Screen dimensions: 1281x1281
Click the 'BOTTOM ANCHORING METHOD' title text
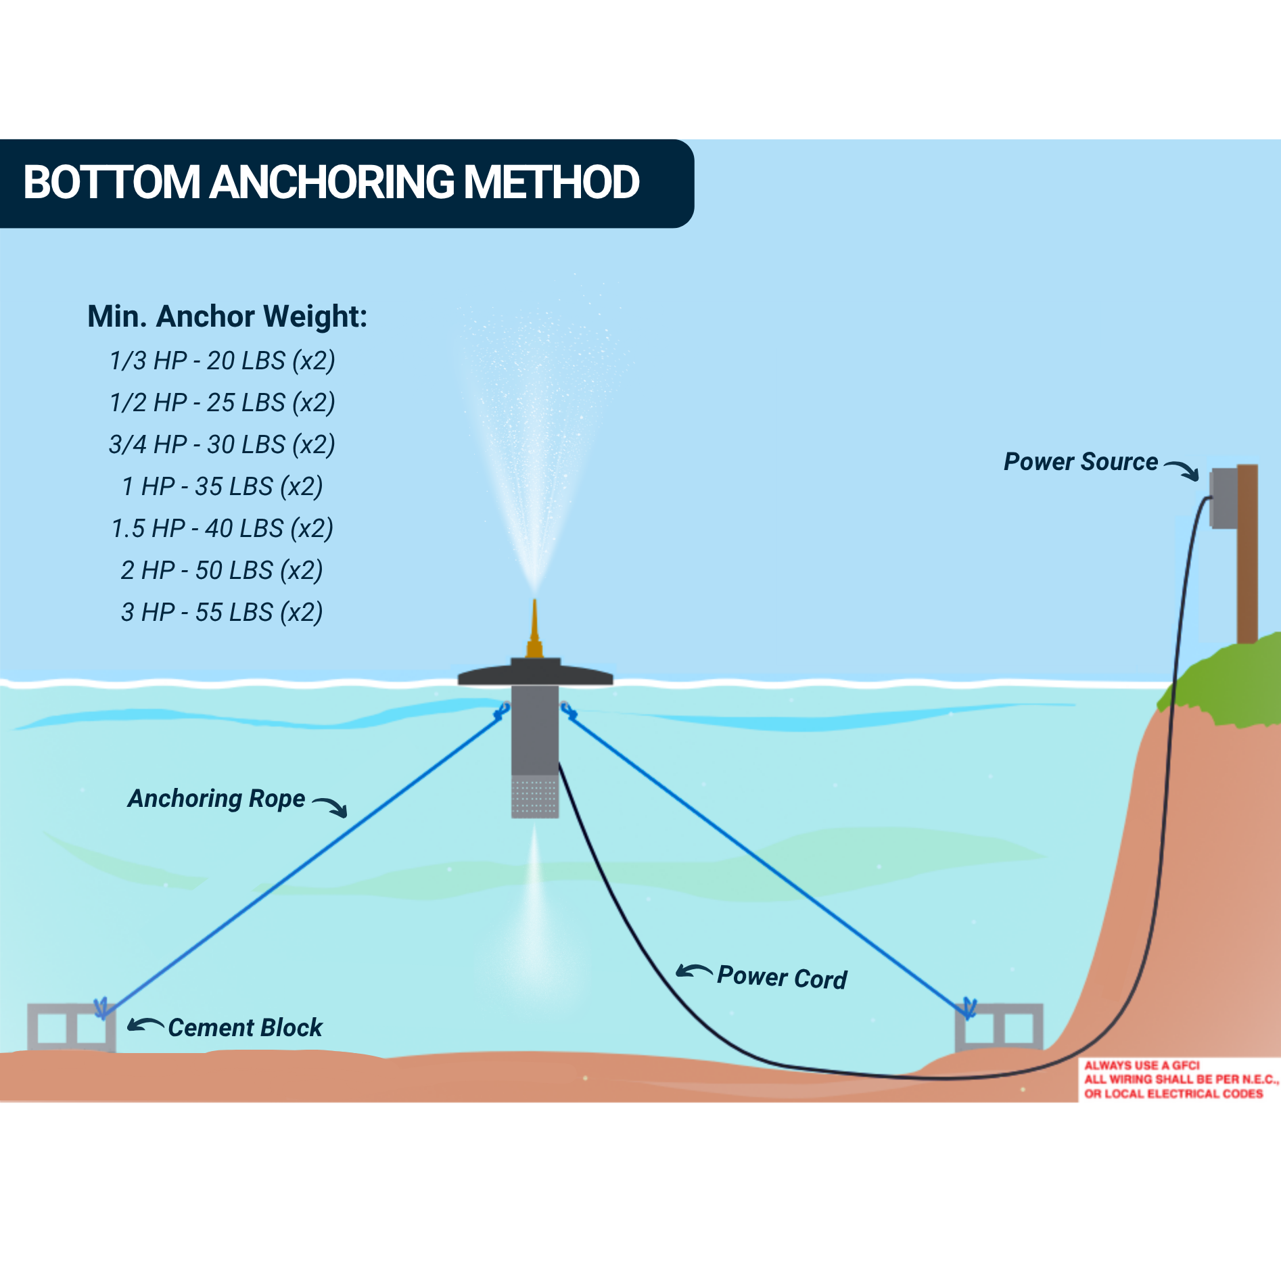331,183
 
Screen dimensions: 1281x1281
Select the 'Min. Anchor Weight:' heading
227,317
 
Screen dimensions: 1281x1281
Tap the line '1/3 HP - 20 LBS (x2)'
223,360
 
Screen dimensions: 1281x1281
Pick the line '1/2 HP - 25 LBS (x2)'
223,402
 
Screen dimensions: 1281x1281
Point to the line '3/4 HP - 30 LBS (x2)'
223,444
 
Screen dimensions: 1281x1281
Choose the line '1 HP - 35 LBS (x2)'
223,486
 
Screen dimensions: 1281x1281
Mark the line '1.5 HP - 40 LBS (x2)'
223,528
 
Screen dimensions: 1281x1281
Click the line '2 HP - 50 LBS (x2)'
223,570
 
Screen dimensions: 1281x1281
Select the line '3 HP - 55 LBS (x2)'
223,612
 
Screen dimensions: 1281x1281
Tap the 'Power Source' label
1080,462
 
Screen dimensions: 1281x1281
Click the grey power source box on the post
1224,498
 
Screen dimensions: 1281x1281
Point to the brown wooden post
1248,553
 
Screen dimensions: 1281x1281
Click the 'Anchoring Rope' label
216,799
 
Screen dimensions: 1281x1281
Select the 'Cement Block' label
245,1028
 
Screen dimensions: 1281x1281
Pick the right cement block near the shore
999,1027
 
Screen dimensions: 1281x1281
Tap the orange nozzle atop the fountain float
534,629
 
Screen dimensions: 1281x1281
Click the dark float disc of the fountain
535,674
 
